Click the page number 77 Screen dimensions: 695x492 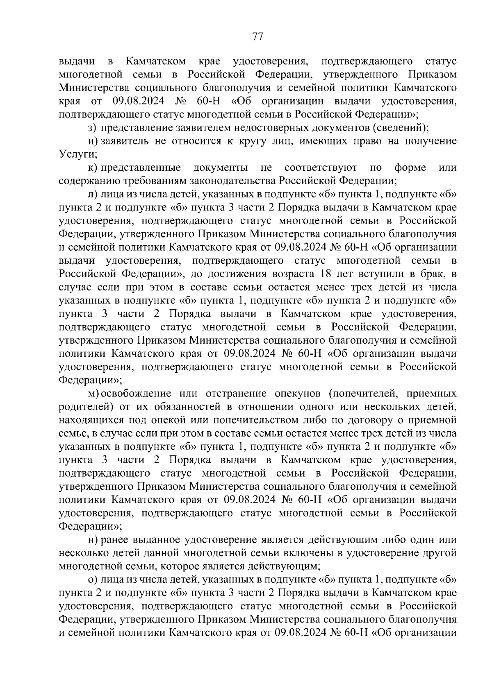click(257, 37)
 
